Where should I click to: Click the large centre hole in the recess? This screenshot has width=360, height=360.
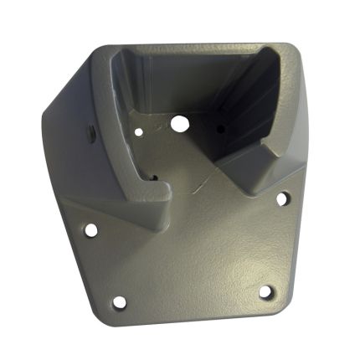coord(178,123)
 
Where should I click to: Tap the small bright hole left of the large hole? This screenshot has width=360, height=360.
coord(139,131)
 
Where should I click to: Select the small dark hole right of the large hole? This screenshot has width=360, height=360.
coord(220,129)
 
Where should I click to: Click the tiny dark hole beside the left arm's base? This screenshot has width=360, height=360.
coord(154,177)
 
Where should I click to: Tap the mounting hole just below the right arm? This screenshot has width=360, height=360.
coord(282,199)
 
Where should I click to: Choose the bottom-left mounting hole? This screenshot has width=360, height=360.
coord(119,301)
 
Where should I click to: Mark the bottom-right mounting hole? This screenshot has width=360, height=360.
coord(265,291)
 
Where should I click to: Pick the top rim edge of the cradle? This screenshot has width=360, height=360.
coord(193,48)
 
